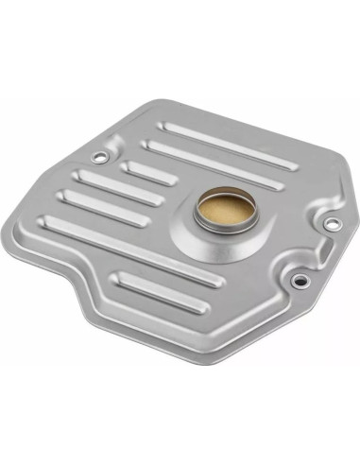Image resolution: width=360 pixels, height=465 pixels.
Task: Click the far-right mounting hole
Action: (332, 223)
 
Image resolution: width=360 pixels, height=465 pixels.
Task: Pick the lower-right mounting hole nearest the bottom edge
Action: (299, 280)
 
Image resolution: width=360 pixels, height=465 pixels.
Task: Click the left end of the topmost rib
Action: (168, 126)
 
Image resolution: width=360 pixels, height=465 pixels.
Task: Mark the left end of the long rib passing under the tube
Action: (53, 224)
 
